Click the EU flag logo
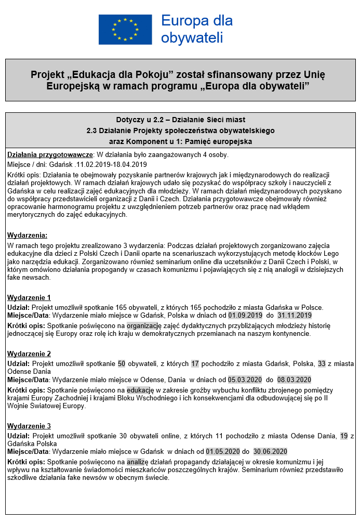(x=125, y=29)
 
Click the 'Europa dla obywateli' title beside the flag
(x=197, y=29)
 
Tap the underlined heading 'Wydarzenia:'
(x=27, y=235)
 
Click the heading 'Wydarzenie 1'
(x=29, y=297)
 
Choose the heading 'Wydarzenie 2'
(x=29, y=354)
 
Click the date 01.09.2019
(x=245, y=315)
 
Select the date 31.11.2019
(x=295, y=315)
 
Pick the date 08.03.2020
(x=295, y=380)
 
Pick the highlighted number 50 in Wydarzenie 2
(x=122, y=363)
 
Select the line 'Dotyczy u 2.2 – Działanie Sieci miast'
(x=181, y=120)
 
